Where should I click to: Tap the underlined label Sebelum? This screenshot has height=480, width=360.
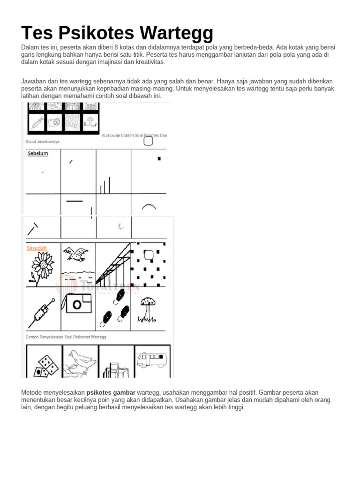[x=37, y=153]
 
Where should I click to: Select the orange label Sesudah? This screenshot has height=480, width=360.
[x=37, y=248]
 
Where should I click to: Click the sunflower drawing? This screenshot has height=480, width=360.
[x=44, y=265]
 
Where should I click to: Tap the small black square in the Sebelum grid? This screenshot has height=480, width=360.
[x=159, y=158]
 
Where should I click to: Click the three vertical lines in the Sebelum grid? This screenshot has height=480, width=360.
[x=105, y=185]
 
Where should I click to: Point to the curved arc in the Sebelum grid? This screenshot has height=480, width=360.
[x=149, y=206]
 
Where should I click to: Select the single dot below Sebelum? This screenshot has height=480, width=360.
[x=43, y=172]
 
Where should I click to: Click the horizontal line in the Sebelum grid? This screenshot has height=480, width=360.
[x=75, y=201]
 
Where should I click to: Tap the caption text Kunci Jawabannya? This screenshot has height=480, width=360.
[x=43, y=141]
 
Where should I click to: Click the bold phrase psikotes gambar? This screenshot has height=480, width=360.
[x=111, y=392]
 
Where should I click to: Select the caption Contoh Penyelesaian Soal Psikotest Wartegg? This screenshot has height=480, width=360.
[x=66, y=337]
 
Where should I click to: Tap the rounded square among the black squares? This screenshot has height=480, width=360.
[x=148, y=255]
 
